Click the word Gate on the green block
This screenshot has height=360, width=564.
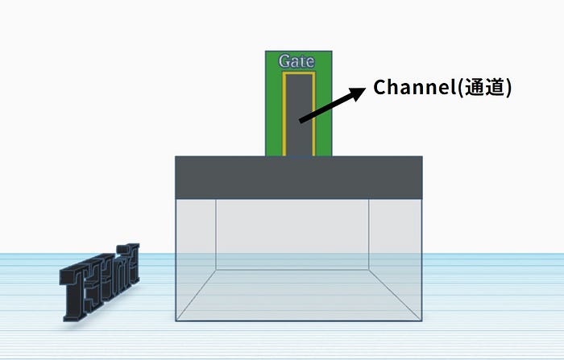[x=296, y=61]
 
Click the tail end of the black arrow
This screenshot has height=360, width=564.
[x=301, y=121]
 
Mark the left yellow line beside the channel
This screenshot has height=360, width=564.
[x=284, y=113]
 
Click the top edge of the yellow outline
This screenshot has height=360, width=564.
[x=298, y=72]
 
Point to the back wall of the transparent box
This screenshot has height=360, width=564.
[x=292, y=234]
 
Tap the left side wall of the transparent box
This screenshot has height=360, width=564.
[x=196, y=258]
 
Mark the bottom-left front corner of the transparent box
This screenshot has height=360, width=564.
[x=176, y=321]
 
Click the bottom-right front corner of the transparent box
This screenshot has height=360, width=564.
[x=422, y=321]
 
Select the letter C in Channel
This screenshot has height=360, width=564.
[x=380, y=88]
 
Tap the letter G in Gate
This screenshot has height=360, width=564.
[x=284, y=61]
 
